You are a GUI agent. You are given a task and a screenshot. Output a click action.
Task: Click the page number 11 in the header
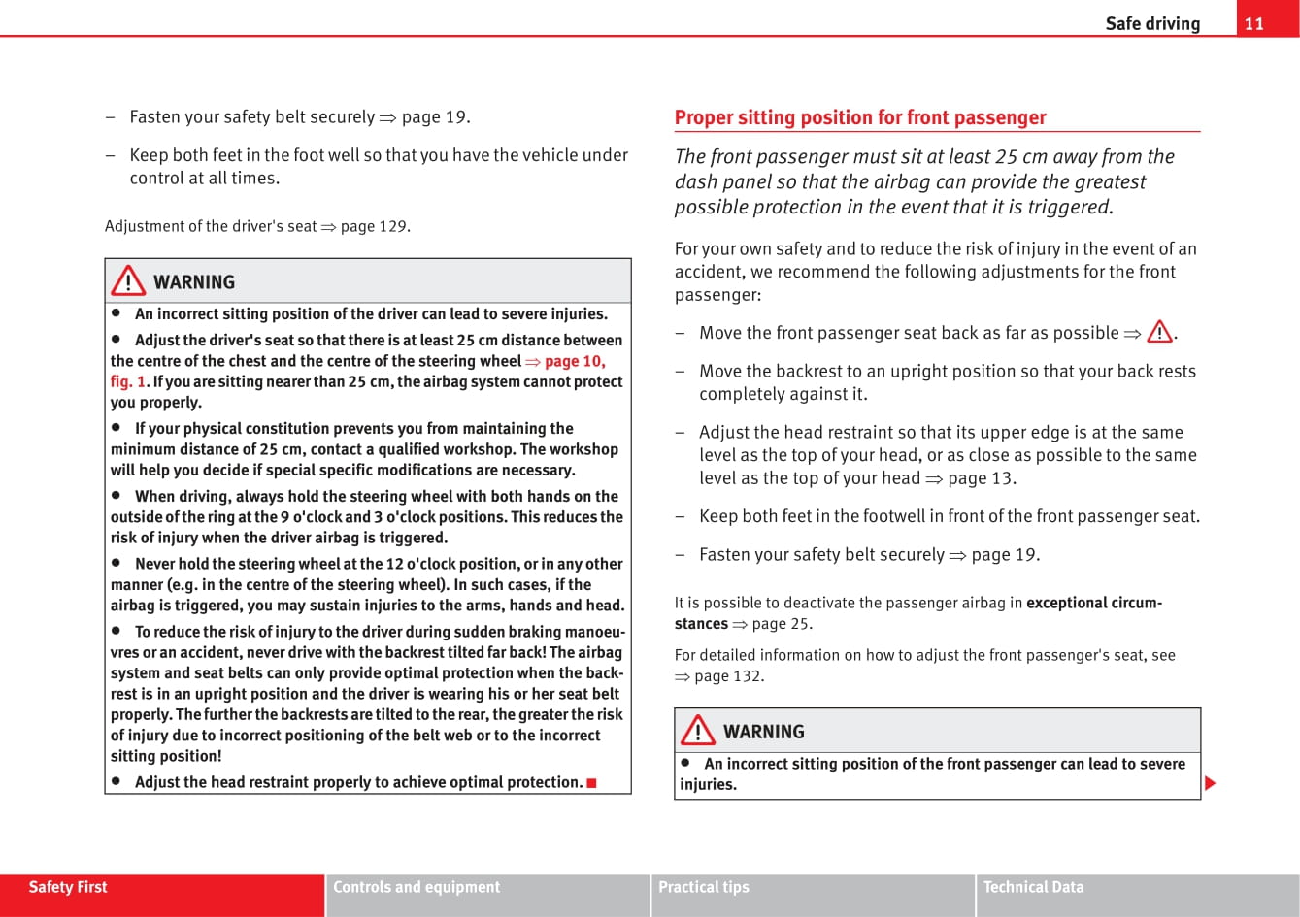[1253, 23]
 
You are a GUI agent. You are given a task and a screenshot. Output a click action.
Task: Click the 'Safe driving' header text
[1152, 23]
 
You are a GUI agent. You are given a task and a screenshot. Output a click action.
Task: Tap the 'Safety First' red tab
[68, 887]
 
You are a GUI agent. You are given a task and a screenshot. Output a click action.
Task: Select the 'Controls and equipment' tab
[417, 887]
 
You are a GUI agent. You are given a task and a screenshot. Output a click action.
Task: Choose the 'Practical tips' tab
[704, 887]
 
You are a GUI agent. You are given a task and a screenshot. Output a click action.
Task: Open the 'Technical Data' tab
[1033, 887]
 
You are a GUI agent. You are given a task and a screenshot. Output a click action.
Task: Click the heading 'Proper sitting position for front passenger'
[860, 117]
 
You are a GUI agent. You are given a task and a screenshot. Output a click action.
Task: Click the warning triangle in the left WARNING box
[128, 281]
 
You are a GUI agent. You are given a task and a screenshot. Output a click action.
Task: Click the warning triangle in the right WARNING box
[697, 731]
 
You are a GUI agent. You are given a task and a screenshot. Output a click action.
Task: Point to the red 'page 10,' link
[575, 361]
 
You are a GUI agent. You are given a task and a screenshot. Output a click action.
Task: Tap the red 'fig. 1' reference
[127, 381]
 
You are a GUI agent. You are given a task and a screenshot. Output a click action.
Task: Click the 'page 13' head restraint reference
[982, 477]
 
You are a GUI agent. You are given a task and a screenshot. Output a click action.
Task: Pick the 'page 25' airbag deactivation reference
[782, 624]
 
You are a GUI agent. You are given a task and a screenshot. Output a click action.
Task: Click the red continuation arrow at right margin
[1210, 782]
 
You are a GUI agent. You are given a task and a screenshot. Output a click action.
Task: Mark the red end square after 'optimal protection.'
[591, 782]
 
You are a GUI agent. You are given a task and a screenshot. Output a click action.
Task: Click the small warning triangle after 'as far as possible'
[1158, 333]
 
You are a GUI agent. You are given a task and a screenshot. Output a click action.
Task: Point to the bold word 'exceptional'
[1070, 603]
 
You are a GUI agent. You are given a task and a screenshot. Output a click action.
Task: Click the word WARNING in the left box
[194, 282]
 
